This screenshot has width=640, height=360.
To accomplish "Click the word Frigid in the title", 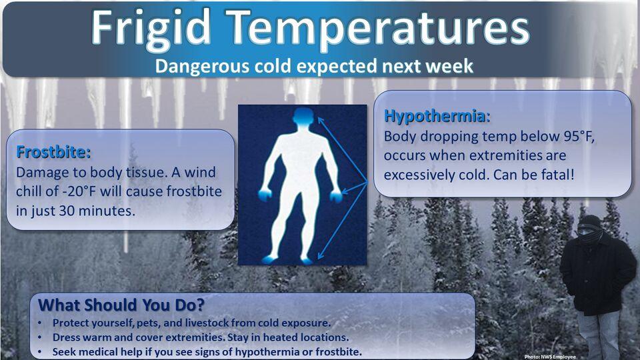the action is (150, 29).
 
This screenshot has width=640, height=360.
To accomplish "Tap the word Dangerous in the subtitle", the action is (202, 66).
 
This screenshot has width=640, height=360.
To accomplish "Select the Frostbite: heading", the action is (53, 152).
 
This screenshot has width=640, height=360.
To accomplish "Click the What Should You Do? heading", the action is (121, 305).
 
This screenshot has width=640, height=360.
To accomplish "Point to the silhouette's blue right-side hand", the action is (336, 196).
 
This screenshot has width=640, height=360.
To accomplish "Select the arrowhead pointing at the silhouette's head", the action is (321, 121).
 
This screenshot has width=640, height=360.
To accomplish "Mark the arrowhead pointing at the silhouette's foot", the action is (321, 255).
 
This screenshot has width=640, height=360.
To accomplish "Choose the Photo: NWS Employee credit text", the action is (550, 357).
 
